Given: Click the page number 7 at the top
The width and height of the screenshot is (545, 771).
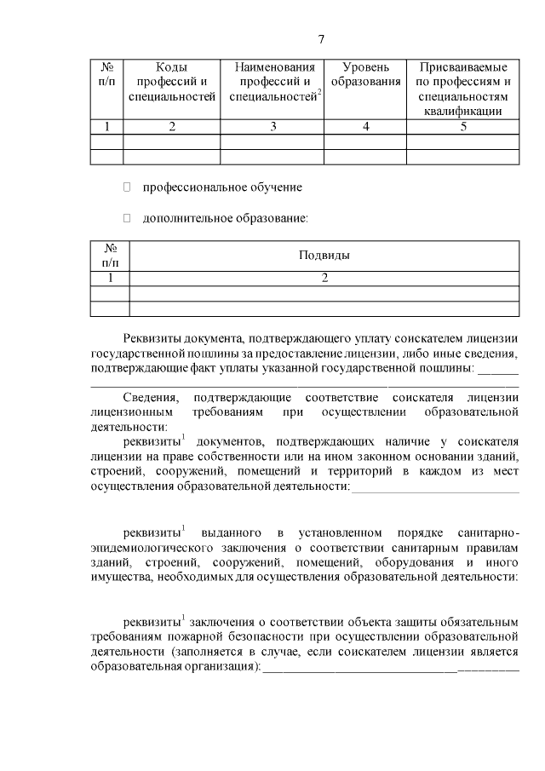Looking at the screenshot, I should click(321, 39).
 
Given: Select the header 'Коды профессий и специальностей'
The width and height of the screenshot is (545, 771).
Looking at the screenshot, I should click(172, 82).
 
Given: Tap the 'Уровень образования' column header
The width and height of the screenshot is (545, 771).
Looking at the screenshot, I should click(366, 74).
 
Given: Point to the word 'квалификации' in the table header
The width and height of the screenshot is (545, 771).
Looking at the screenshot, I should click(463, 111).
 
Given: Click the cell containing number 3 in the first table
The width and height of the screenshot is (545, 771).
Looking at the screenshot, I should click(273, 127).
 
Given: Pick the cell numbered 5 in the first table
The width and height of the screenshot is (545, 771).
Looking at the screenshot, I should click(463, 127).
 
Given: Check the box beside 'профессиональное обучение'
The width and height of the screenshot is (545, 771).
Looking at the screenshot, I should click(128, 187).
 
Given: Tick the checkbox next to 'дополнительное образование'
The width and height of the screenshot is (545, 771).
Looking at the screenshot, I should click(128, 218).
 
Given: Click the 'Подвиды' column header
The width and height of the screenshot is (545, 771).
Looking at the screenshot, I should click(324, 255).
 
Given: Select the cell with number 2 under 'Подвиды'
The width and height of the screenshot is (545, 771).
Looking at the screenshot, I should click(324, 278).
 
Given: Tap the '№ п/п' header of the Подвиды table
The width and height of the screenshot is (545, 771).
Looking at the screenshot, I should click(110, 255).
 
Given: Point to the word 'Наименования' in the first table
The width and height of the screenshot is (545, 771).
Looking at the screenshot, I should click(273, 66).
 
